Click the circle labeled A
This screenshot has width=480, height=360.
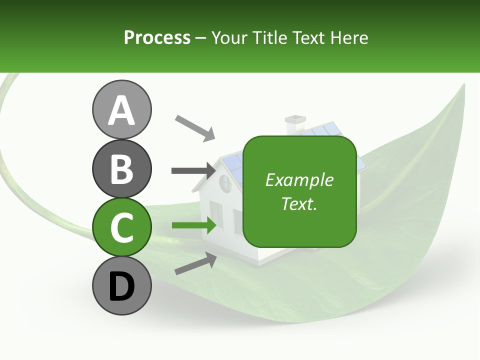[x=121, y=109]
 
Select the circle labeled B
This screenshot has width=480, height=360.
[x=121, y=168]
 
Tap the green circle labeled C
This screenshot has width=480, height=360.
[x=121, y=227]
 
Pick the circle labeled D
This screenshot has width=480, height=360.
[x=121, y=286]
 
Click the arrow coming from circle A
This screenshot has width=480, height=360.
[x=195, y=127]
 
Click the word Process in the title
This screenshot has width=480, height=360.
[x=157, y=37]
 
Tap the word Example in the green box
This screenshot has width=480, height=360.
[x=299, y=180]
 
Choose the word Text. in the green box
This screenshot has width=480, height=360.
[x=299, y=203]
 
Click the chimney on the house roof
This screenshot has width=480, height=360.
[x=295, y=124]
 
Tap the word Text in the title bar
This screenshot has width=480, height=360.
[x=306, y=37]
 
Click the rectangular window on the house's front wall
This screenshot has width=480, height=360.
[x=216, y=213]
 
